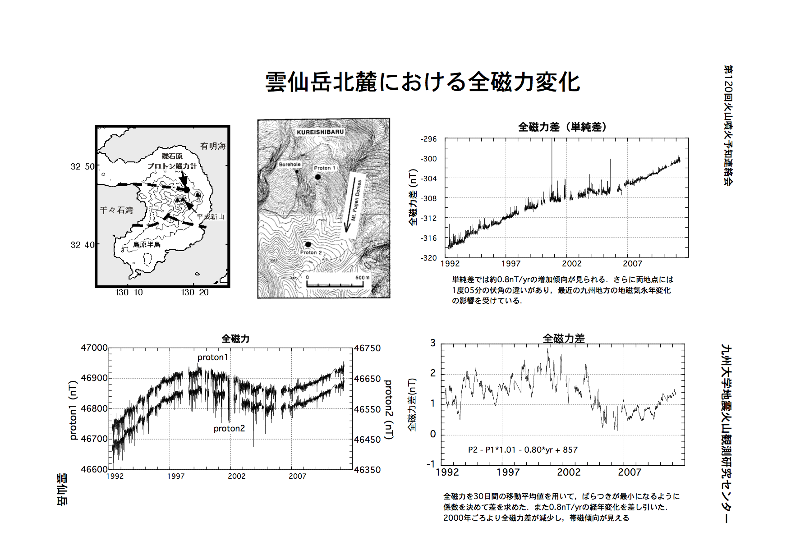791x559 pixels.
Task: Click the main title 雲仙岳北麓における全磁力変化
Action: pyautogui.click(x=423, y=82)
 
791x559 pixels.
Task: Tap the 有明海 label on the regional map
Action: pyautogui.click(x=213, y=146)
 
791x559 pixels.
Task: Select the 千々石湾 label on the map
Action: pyautogui.click(x=116, y=210)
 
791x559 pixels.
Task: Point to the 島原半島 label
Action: pyautogui.click(x=147, y=244)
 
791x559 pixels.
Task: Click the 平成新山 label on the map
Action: pyautogui.click(x=210, y=217)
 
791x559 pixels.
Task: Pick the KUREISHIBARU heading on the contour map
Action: pyautogui.click(x=320, y=132)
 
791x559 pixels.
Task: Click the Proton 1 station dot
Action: pyautogui.click(x=318, y=177)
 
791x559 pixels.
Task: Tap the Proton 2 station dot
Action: pyautogui.click(x=308, y=244)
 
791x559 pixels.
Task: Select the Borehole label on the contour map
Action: pyautogui.click(x=290, y=165)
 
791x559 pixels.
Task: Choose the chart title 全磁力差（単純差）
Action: pyautogui.click(x=562, y=127)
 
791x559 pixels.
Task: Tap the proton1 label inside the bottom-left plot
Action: pyautogui.click(x=213, y=357)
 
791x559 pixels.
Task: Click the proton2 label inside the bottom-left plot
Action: pyautogui.click(x=229, y=428)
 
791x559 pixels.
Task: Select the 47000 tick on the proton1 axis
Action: pyautogui.click(x=94, y=348)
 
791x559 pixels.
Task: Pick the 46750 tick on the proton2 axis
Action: pyautogui.click(x=367, y=348)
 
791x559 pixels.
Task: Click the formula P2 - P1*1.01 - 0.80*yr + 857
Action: pyautogui.click(x=523, y=449)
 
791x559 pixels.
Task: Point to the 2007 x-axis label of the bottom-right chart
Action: pyautogui.click(x=630, y=472)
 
